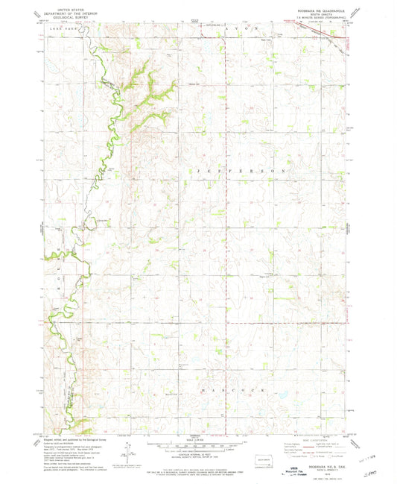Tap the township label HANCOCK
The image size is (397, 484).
[x=226, y=390]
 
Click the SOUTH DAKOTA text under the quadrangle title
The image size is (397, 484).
[x=322, y=16]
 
